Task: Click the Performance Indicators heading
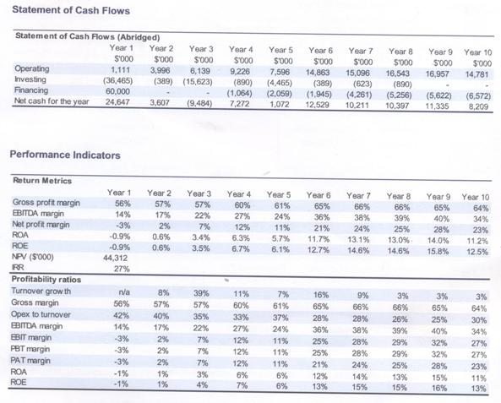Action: (65, 155)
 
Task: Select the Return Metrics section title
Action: (42, 181)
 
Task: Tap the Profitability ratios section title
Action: (46, 280)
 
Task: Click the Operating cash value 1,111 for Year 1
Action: (120, 69)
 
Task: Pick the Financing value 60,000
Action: (118, 91)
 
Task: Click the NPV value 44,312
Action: (116, 258)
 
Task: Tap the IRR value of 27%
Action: (122, 269)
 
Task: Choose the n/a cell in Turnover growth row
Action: (124, 292)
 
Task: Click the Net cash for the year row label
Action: (52, 101)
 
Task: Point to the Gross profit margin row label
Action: (46, 203)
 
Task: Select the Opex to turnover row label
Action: (41, 314)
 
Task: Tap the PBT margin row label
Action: (30, 349)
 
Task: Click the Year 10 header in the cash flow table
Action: (477, 52)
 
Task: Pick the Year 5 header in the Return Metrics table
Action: (279, 194)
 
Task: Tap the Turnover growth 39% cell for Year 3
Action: (202, 293)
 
